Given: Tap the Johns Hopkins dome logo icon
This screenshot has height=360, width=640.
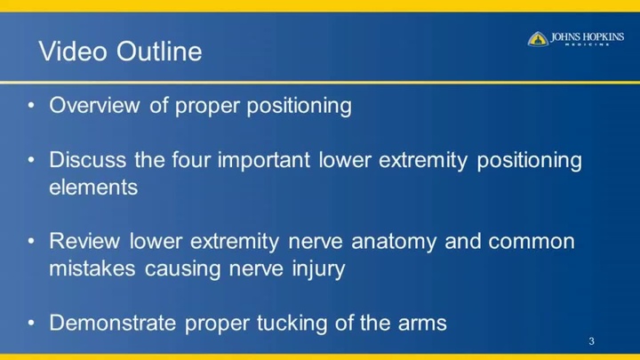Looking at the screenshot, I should tap(538, 38).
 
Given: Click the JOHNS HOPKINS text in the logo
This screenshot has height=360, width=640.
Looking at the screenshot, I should tap(587, 36).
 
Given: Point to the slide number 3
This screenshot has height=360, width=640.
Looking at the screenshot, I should tap(591, 342).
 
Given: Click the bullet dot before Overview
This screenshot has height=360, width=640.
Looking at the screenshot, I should tap(30, 107).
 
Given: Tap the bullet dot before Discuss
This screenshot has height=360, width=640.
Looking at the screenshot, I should tap(30, 161).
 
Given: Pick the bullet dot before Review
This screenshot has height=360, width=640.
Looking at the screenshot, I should tap(30, 242).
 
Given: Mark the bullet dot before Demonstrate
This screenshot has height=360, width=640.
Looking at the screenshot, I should tap(30, 324).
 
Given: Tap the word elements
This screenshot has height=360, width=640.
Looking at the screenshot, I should tap(93, 188).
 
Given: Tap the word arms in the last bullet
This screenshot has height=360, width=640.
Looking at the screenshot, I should tap(422, 324).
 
